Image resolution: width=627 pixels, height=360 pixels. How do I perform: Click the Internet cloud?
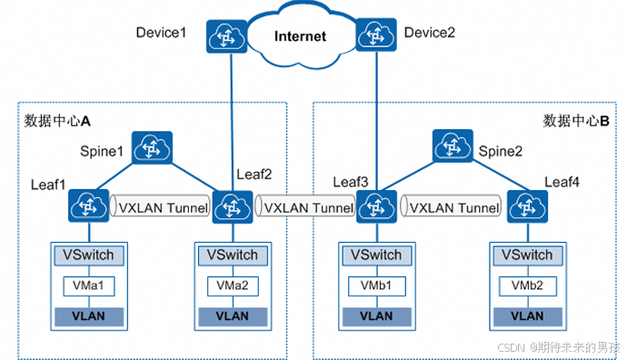coord(300,35)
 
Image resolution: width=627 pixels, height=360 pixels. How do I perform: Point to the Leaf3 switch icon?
coord(372,206)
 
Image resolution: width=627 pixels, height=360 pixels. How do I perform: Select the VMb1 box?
coord(372,285)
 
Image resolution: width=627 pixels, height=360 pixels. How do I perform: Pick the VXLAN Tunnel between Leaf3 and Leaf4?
coord(453,207)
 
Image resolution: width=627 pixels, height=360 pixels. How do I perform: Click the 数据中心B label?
coord(575,120)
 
